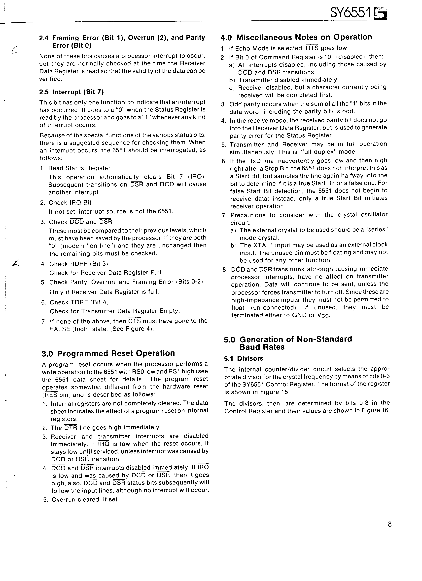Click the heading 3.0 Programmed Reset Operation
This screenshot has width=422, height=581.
click(108, 353)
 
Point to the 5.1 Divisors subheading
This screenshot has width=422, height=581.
click(243, 358)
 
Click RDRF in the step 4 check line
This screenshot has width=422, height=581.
click(79, 264)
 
